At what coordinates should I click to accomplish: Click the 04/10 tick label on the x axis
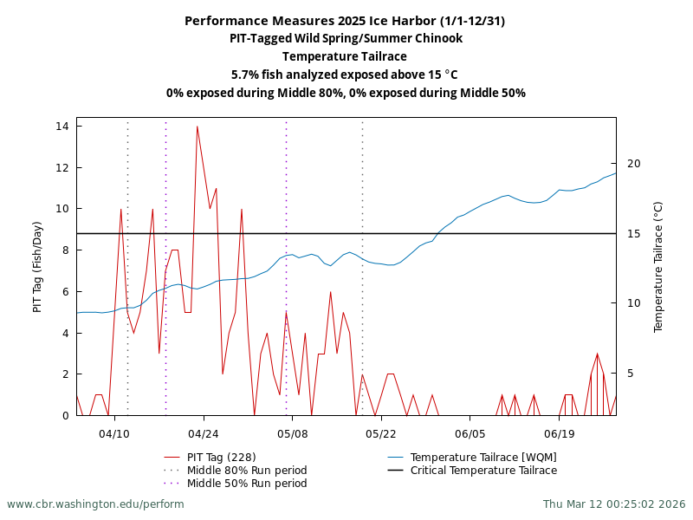(114, 432)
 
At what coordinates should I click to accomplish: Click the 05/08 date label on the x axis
(292, 432)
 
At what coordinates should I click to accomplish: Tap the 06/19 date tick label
(560, 432)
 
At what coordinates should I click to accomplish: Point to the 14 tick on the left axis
(62, 127)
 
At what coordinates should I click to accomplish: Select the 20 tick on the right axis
(633, 164)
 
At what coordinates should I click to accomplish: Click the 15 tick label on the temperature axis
(633, 234)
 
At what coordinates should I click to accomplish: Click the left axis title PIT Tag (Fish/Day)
(37, 266)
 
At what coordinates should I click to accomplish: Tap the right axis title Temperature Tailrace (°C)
(658, 266)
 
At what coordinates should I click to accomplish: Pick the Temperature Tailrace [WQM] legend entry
(483, 458)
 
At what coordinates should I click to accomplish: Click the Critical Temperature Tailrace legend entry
(483, 471)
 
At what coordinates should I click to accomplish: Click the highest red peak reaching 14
(198, 127)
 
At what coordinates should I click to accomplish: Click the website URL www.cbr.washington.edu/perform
(95, 504)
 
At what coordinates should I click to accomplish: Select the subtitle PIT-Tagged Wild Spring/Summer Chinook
(346, 39)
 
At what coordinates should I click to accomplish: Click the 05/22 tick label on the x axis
(381, 432)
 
